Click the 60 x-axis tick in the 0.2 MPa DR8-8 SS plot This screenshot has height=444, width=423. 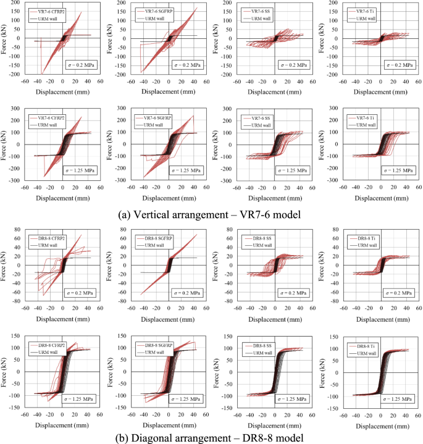(x=312, y=307)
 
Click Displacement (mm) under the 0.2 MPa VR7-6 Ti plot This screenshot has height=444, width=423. (x=381, y=90)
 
